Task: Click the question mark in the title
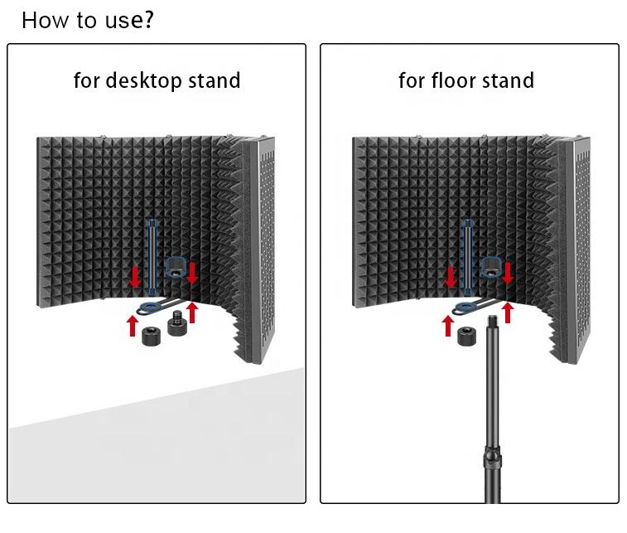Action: (147, 19)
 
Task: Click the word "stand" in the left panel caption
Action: (212, 81)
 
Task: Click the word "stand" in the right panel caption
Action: (505, 80)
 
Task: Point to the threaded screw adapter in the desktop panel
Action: (178, 323)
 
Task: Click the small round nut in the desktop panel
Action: (151, 337)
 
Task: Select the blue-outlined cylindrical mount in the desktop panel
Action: (176, 268)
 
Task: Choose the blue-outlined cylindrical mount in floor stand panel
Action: (491, 268)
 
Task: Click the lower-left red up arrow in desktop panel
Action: (133, 325)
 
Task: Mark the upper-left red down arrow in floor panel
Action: (451, 277)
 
